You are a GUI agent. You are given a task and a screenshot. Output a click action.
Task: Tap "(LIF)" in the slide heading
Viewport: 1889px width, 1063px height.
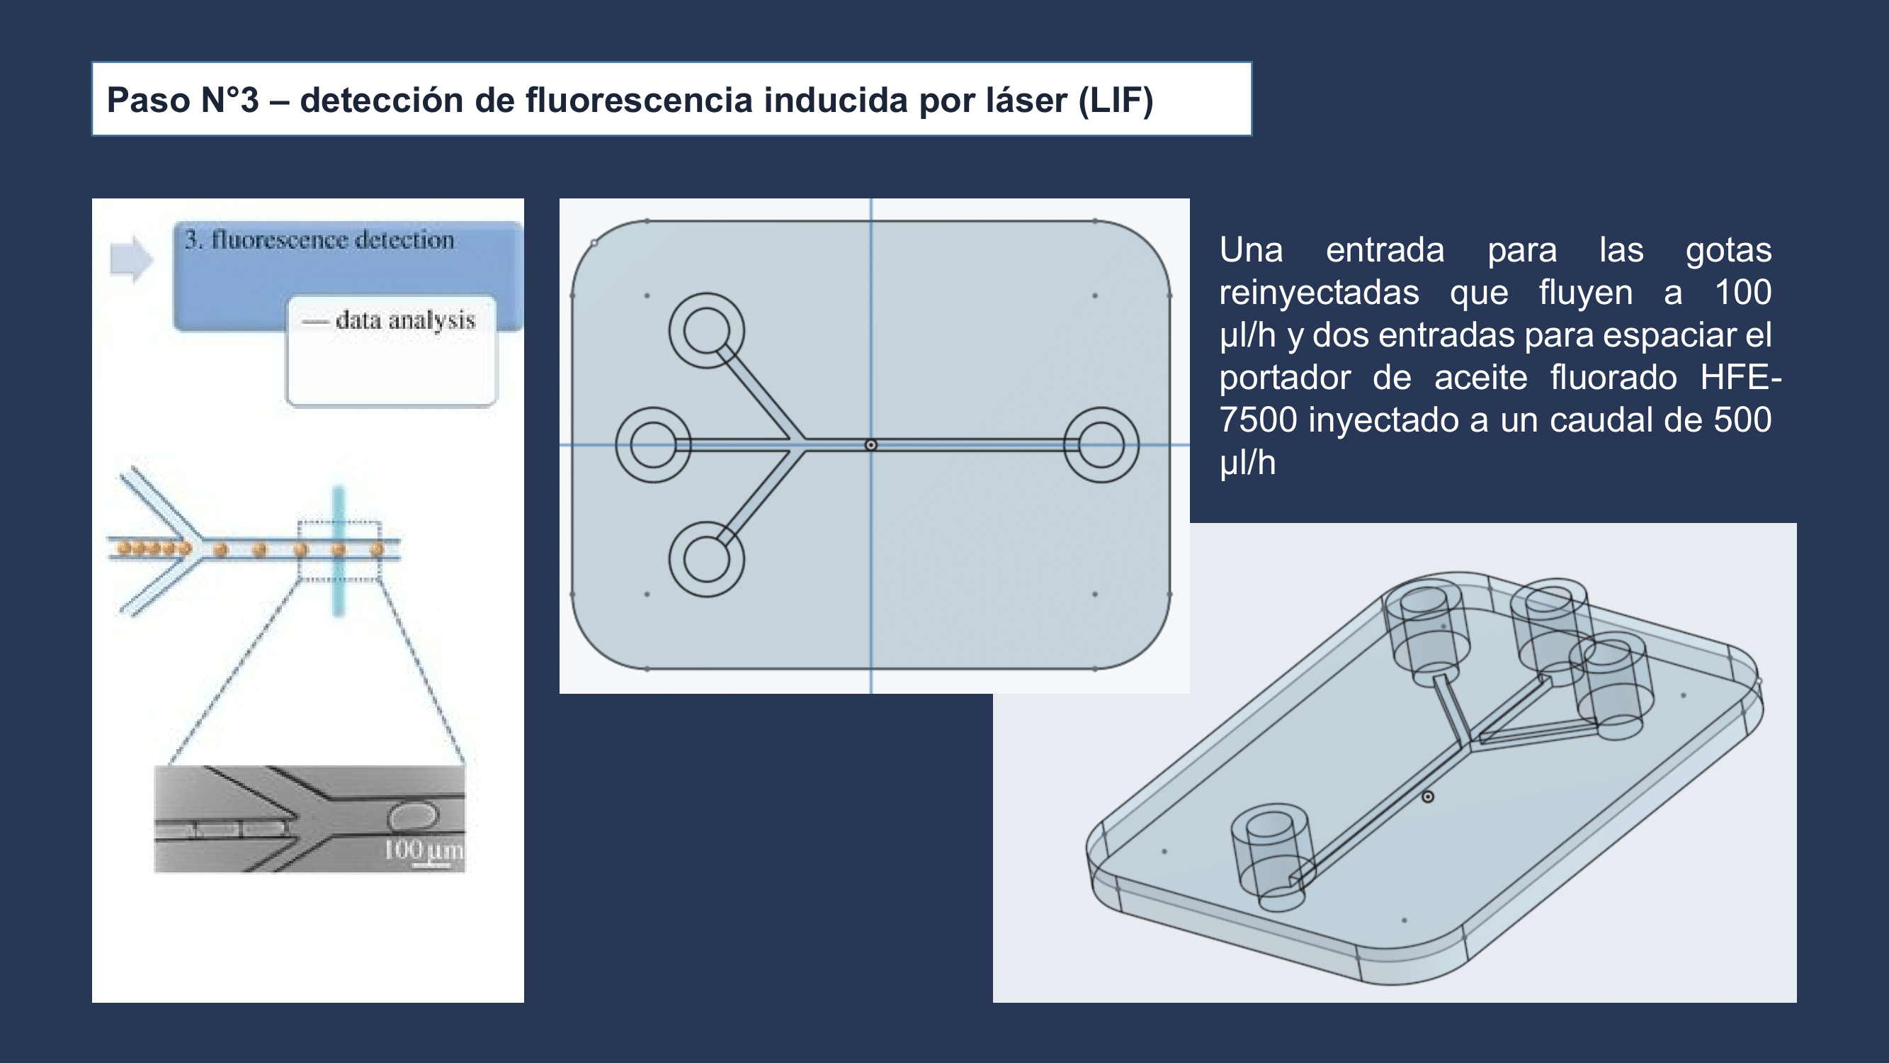1116,101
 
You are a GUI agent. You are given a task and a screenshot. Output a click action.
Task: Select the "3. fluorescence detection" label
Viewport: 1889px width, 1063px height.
319,240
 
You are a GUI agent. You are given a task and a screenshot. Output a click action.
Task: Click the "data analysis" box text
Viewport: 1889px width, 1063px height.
405,320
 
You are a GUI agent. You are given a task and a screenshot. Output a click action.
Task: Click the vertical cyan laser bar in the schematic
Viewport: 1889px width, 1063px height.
338,550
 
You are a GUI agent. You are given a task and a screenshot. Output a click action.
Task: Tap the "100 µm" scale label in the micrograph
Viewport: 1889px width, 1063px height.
423,850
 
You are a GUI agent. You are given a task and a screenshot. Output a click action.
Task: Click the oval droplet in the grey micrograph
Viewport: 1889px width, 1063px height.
413,816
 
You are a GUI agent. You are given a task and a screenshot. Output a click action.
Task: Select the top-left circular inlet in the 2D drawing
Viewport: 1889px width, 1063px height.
706,331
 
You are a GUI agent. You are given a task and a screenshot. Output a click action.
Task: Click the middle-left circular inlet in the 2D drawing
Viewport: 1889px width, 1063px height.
652,444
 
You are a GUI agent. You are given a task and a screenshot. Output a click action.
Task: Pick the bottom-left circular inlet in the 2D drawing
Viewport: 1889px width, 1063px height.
706,559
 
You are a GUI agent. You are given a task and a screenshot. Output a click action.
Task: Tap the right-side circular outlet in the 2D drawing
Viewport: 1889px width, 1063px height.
1101,444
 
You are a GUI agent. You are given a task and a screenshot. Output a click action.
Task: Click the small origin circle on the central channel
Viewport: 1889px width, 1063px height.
871,445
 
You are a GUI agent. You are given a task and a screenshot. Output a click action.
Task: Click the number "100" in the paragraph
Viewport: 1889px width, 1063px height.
1742,293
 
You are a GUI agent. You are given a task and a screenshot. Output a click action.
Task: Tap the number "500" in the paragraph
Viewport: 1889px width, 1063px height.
1742,420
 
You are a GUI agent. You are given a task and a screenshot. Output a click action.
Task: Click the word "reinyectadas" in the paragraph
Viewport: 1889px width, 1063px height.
1319,293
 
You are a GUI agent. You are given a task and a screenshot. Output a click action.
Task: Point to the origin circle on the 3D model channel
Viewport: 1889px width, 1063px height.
1428,797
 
